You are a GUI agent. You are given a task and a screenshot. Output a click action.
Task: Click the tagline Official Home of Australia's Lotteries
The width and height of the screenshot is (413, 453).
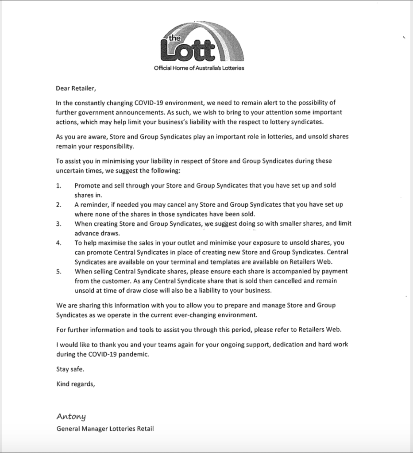(199, 68)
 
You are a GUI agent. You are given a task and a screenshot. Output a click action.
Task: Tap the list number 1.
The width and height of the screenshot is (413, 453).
(59, 185)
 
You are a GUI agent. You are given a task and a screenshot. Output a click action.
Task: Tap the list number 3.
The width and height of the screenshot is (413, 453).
(59, 224)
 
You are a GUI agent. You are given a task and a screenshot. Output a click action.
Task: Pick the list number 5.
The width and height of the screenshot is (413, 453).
(59, 272)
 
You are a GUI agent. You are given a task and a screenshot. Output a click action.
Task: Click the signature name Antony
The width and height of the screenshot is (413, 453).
(71, 416)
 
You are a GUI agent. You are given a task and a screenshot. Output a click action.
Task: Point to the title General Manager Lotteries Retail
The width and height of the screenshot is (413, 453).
(105, 429)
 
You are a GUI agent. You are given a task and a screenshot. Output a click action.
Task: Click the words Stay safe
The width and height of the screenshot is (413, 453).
(70, 369)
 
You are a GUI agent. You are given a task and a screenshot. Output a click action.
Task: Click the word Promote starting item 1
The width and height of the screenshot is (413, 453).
(88, 185)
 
